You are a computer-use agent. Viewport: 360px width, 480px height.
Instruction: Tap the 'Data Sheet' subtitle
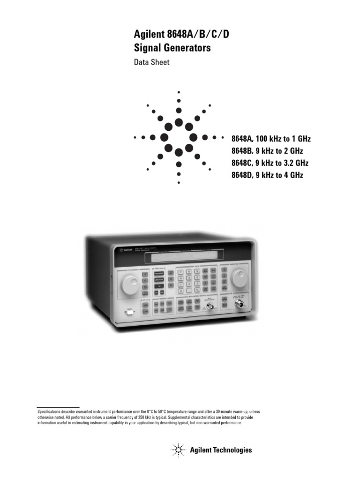click(151, 62)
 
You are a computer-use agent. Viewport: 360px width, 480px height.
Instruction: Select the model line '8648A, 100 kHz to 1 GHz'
click(271, 139)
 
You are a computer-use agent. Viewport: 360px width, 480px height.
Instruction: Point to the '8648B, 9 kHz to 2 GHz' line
click(267, 151)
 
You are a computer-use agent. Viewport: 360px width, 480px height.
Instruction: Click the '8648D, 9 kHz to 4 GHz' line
click(267, 175)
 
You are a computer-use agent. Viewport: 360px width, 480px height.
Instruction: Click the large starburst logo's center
click(179, 138)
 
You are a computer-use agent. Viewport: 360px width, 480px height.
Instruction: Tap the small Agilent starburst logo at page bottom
click(178, 450)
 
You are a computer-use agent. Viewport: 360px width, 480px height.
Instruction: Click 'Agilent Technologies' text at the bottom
click(221, 450)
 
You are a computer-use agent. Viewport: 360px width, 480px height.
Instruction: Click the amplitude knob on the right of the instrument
click(240, 278)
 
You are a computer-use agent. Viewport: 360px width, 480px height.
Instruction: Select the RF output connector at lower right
click(242, 304)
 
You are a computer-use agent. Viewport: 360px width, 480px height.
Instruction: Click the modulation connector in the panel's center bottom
click(210, 307)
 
